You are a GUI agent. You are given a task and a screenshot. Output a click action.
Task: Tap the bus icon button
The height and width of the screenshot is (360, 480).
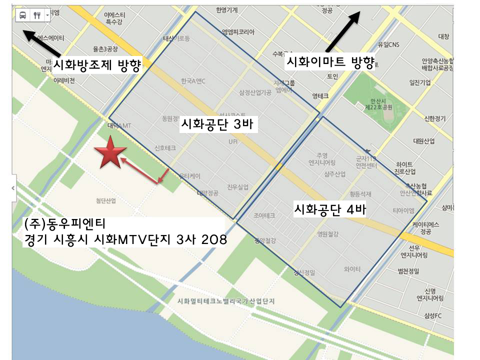[23, 15]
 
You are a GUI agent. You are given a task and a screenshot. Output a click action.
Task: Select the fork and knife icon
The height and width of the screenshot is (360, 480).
[37, 15]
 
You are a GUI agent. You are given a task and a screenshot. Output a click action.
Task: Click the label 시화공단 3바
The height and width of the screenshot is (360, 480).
[219, 125]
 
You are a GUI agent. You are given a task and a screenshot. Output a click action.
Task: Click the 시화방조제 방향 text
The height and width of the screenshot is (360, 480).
[95, 65]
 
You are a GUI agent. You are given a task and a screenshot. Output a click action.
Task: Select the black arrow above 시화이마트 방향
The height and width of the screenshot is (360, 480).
[343, 30]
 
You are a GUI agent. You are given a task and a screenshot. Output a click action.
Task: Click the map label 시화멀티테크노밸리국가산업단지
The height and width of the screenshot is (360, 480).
[226, 301]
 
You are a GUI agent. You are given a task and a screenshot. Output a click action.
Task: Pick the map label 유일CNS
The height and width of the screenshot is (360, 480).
[388, 44]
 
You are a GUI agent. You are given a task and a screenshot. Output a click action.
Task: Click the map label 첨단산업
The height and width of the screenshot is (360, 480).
[105, 201]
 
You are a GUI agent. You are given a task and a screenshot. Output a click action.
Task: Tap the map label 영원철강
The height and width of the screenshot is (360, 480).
[328, 233]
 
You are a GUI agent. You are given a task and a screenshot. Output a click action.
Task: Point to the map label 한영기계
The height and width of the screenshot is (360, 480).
[226, 9]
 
